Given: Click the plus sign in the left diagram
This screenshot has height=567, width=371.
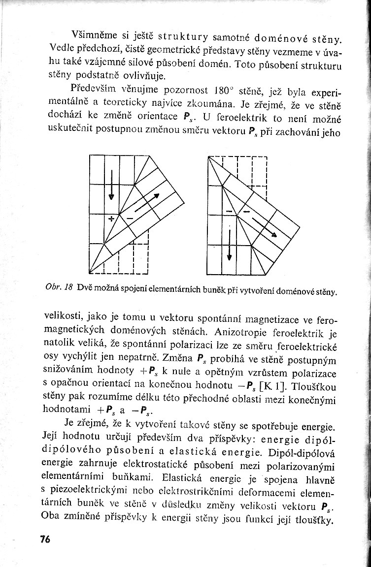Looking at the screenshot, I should [x=111, y=217].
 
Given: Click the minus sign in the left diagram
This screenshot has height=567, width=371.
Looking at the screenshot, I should [x=129, y=217].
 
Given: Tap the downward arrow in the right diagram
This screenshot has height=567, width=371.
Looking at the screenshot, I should [x=230, y=245].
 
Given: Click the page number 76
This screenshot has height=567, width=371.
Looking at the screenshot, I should [x=45, y=539].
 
